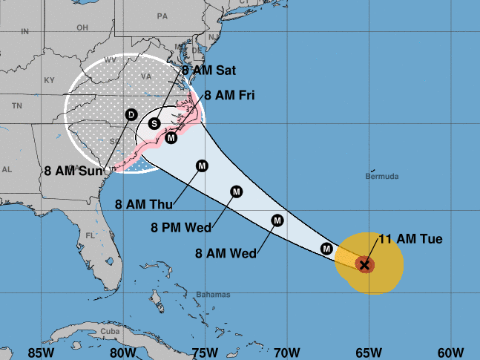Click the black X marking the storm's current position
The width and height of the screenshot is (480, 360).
364,264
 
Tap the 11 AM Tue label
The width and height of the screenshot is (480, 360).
410,239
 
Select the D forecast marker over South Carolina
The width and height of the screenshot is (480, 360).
131,114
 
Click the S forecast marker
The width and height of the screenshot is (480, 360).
155,123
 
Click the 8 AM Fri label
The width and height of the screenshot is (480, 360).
230,95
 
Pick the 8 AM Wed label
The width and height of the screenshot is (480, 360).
226,253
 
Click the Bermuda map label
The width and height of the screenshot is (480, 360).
383,177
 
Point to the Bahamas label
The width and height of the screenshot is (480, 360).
214,295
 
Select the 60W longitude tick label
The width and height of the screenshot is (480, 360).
450,351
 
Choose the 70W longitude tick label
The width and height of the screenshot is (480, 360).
286,351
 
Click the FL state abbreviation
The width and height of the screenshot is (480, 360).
91,235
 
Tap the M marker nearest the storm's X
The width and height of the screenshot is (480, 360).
326,248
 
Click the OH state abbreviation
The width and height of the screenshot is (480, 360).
82,28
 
